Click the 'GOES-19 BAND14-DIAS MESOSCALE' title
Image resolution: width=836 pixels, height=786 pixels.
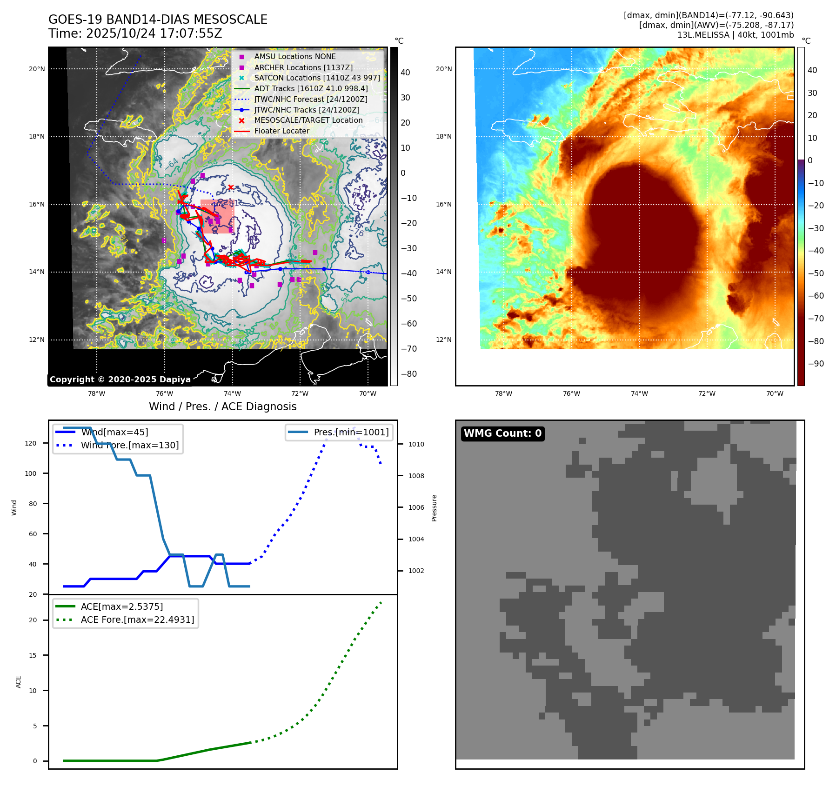click(x=158, y=20)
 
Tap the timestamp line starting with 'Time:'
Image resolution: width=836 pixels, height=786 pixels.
click(x=135, y=33)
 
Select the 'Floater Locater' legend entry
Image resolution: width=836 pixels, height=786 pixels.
click(x=281, y=131)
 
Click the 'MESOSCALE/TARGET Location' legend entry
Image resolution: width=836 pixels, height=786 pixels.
click(x=308, y=120)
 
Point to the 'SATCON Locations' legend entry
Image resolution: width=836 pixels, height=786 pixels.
click(x=317, y=78)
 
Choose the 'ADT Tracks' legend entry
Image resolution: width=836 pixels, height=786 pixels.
click(x=311, y=89)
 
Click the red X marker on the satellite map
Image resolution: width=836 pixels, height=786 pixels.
click(x=231, y=187)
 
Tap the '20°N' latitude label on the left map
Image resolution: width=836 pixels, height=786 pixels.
click(x=37, y=69)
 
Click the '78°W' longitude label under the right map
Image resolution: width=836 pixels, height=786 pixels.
click(x=503, y=394)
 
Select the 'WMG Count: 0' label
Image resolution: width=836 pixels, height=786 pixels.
click(x=502, y=433)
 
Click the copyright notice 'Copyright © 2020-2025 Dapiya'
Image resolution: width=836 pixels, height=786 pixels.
click(x=120, y=380)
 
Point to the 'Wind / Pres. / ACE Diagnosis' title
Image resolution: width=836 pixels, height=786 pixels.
click(x=222, y=406)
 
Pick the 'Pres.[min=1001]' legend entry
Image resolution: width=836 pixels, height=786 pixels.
click(x=351, y=432)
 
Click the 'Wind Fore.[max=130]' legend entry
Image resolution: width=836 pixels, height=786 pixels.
click(x=129, y=445)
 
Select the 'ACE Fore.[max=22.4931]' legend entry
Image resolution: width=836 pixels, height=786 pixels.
click(x=137, y=619)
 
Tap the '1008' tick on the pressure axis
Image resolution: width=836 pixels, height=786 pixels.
click(x=416, y=476)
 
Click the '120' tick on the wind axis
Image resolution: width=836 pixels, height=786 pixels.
click(x=31, y=444)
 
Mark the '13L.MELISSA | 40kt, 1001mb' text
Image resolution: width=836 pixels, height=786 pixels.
click(x=735, y=35)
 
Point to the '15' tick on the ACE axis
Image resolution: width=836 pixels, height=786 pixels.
click(x=33, y=655)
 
